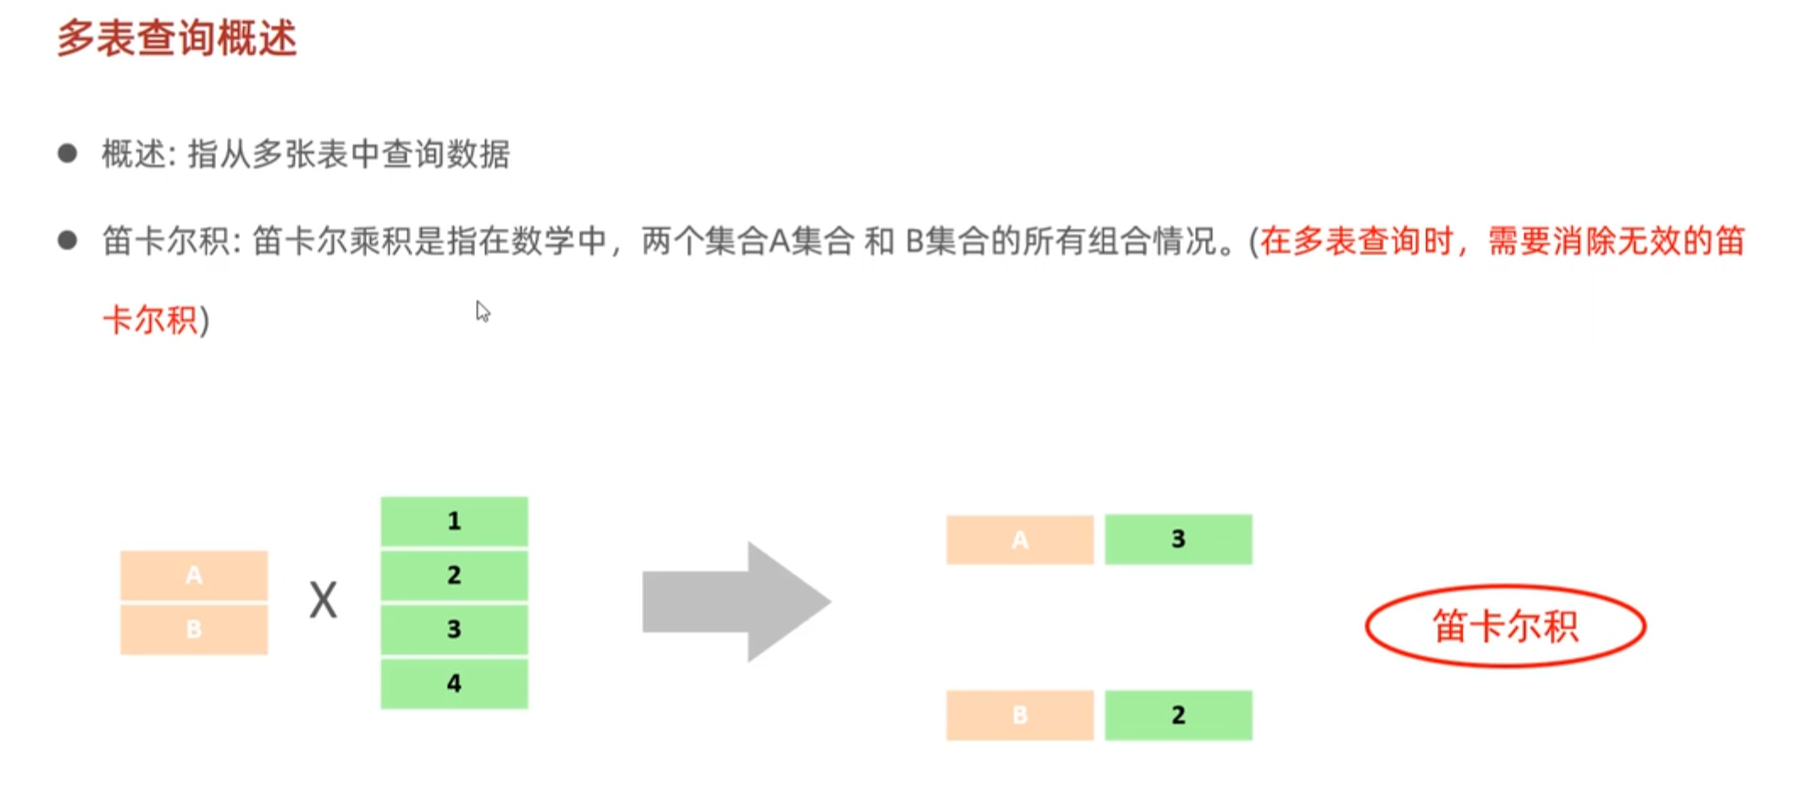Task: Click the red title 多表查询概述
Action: (x=177, y=39)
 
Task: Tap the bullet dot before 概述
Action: (x=68, y=153)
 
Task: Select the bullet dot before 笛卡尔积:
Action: (x=68, y=241)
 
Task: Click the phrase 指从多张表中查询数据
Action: (x=348, y=154)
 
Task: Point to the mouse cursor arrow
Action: (x=482, y=311)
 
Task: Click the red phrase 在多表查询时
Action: (x=1355, y=241)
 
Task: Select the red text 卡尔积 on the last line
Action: (x=150, y=320)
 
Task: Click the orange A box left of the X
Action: (x=194, y=575)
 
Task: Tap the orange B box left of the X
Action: (x=194, y=629)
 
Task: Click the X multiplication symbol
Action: (x=323, y=601)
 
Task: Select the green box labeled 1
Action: (x=454, y=520)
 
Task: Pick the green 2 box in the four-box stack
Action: (x=454, y=574)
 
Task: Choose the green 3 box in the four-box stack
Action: (x=454, y=629)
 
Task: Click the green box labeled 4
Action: (x=454, y=683)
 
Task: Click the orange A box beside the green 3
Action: (x=1020, y=540)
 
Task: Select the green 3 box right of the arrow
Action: (x=1178, y=539)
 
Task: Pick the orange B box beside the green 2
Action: (x=1020, y=715)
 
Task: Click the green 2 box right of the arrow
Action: (x=1178, y=715)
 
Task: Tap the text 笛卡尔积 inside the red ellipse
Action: (x=1505, y=627)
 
